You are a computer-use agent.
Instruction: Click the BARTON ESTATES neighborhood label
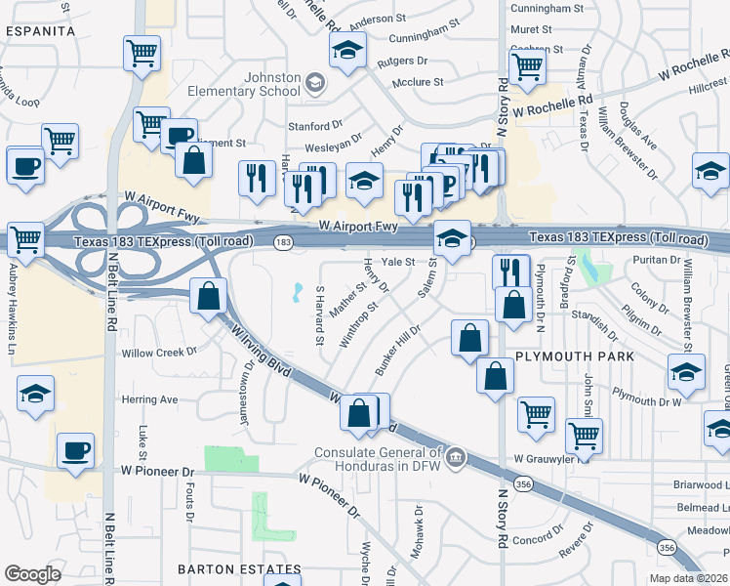pyautogui.click(x=240, y=568)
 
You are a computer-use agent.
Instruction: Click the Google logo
pyautogui.click(x=32, y=574)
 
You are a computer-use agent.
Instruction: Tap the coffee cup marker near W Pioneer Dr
pyautogui.click(x=75, y=450)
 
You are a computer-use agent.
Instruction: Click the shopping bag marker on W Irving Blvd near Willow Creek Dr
pyautogui.click(x=209, y=296)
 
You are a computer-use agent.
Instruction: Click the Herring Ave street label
pyautogui.click(x=149, y=399)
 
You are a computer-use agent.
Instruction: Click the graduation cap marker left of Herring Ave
pyautogui.click(x=36, y=394)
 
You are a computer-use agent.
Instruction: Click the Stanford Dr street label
pyautogui.click(x=315, y=126)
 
